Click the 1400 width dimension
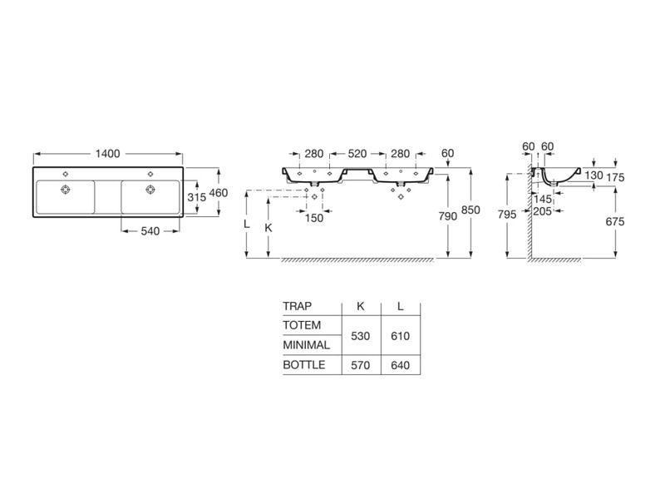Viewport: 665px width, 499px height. (x=108, y=154)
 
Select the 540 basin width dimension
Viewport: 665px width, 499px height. (x=150, y=231)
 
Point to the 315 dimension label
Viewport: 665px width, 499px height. (x=197, y=197)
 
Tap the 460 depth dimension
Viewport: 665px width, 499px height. (x=219, y=193)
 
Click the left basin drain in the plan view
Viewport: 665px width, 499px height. (x=65, y=190)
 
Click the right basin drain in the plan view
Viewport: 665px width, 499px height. (x=150, y=190)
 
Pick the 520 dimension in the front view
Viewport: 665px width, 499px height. (x=357, y=154)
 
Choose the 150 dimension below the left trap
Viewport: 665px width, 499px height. (x=314, y=218)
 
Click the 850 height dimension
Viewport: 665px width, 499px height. (x=470, y=210)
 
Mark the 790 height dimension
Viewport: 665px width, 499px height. (x=448, y=216)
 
